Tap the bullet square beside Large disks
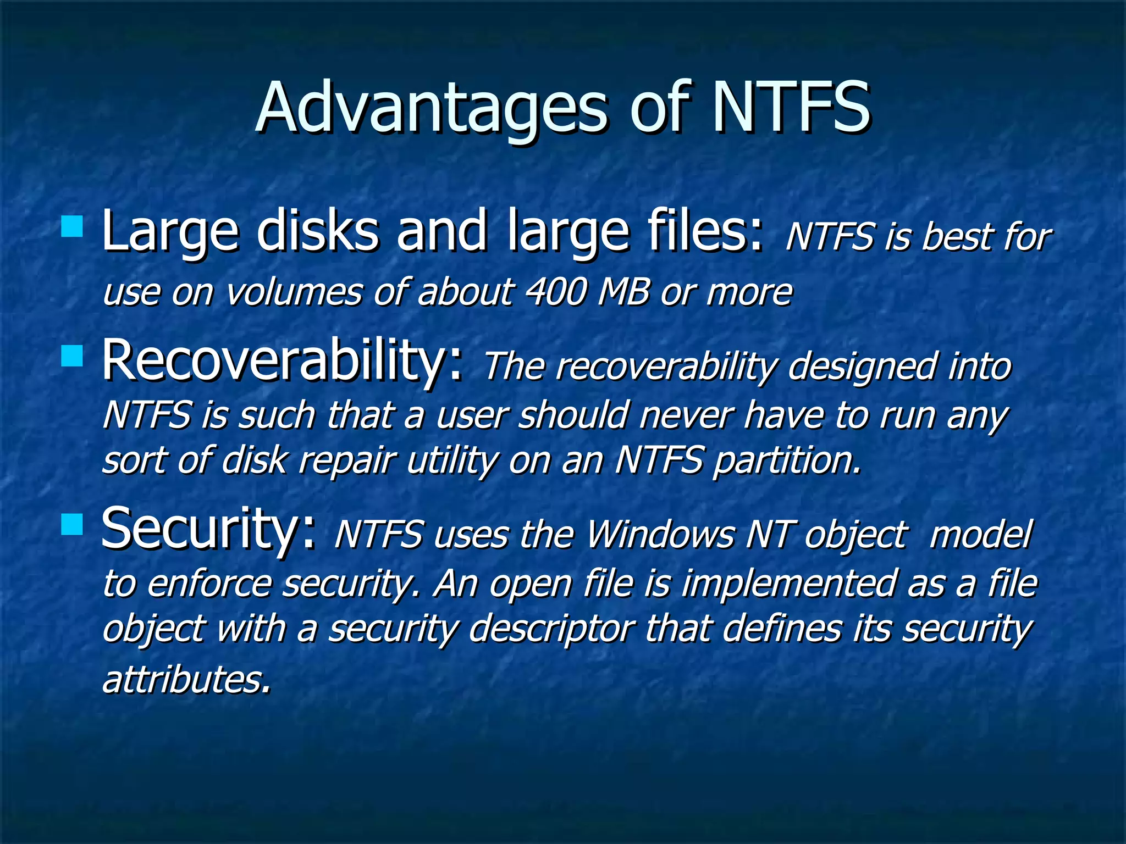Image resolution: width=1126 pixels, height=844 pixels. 72,226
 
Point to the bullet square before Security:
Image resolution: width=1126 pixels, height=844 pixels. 72,524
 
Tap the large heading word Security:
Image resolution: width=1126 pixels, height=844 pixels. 209,529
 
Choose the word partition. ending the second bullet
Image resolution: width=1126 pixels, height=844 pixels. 786,460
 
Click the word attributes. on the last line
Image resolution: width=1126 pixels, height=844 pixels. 187,679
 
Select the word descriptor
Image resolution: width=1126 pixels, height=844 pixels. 553,629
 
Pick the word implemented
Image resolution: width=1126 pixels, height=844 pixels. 789,584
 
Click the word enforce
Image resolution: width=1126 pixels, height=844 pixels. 209,584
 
